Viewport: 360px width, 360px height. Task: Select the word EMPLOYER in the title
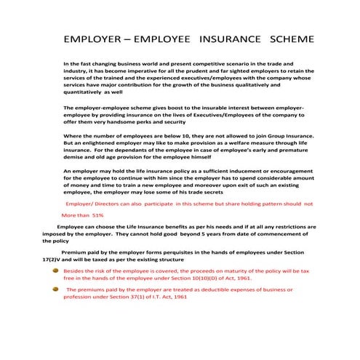tap(94, 37)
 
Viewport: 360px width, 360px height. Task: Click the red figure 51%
tap(97, 216)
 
